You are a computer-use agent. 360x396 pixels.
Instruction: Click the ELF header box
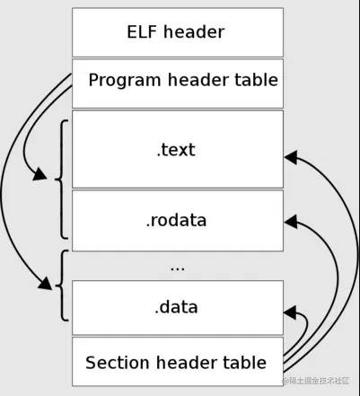click(x=177, y=32)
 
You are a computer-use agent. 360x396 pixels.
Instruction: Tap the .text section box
click(x=177, y=149)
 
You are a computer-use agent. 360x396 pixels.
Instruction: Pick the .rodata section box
click(x=177, y=220)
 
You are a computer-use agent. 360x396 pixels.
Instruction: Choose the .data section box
click(x=177, y=307)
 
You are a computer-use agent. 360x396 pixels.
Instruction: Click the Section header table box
click(x=177, y=362)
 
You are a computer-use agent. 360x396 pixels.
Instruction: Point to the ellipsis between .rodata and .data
click(x=177, y=267)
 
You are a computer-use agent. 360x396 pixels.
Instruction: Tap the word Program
click(x=125, y=81)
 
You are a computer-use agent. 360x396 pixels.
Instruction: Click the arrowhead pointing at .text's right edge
click(x=291, y=158)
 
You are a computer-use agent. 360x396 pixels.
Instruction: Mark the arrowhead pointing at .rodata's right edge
click(x=291, y=218)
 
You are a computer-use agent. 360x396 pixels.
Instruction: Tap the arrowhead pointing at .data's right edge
click(x=291, y=311)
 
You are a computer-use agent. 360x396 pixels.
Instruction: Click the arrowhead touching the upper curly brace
click(x=40, y=174)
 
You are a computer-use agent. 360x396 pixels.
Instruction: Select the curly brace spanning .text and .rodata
click(x=60, y=178)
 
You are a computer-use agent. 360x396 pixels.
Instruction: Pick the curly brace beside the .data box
click(x=60, y=286)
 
